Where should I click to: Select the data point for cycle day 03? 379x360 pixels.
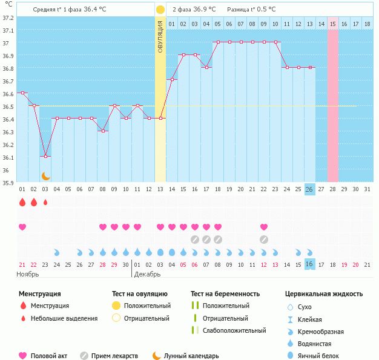pos(45,156)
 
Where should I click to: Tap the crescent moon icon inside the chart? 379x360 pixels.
pos(45,176)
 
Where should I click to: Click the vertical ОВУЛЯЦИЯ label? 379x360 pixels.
pos(160,36)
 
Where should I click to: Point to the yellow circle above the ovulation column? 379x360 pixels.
pos(160,10)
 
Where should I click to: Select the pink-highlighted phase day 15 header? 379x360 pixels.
pos(333,24)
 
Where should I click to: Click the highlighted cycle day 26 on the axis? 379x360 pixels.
pos(309,189)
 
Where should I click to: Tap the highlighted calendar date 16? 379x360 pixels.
pos(309,264)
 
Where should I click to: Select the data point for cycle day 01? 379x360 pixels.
pos(22,93)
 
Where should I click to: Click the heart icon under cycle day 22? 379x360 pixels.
pos(264,227)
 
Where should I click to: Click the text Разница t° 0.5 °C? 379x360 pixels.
pos(251,10)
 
